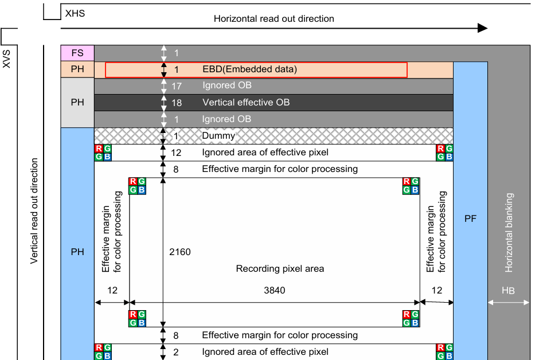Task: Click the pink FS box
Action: click(77, 53)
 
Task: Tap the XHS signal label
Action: click(75, 13)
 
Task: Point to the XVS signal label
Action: click(7, 58)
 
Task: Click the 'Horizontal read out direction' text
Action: click(274, 18)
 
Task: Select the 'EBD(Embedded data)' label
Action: click(249, 69)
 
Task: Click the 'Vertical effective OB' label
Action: click(246, 103)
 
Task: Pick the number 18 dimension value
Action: click(177, 103)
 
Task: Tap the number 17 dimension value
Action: click(177, 86)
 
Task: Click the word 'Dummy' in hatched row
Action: click(218, 136)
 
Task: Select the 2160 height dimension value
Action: click(180, 252)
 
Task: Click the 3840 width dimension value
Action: click(274, 291)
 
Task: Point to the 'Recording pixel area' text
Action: click(280, 268)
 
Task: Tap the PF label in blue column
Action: click(470, 218)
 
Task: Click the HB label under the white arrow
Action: click(508, 291)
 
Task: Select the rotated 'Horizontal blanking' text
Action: click(509, 233)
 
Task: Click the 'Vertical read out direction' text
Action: click(34, 211)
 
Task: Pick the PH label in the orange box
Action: click(77, 69)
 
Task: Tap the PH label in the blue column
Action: click(77, 252)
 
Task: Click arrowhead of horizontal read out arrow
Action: click(483, 28)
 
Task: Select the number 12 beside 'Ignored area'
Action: click(176, 152)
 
